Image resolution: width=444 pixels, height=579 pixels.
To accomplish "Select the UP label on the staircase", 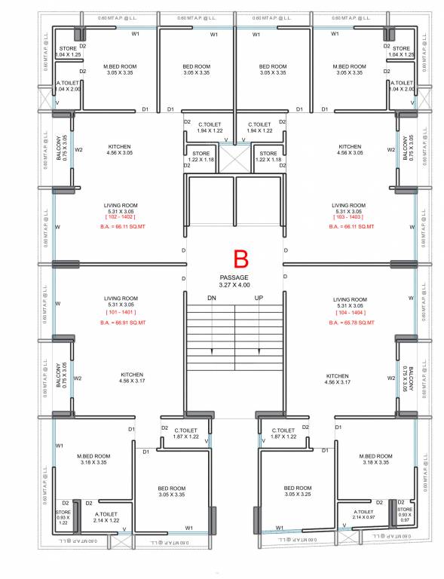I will [x=259, y=298].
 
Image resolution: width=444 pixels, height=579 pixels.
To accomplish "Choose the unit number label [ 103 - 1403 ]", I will [x=349, y=217].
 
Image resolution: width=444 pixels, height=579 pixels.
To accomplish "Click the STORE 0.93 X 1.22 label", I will [x=63, y=516].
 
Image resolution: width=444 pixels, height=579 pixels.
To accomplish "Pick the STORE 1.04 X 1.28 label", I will [x=401, y=52].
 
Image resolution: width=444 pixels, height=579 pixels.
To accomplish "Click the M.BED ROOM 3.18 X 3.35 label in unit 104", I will [x=375, y=459].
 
